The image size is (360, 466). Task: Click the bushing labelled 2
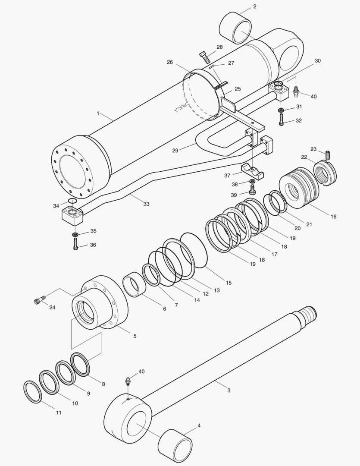pos(235,28)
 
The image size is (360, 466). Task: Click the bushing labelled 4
pos(175,444)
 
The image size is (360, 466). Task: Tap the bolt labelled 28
pos(205,56)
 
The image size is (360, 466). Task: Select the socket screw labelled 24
pos(39,300)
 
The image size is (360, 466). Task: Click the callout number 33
pos(146,204)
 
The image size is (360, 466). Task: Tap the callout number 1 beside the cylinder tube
pos(98,113)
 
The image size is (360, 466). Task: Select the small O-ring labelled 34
pos(72,201)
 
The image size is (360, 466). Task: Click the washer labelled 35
pos(75,234)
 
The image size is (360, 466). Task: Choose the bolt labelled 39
pos(253,190)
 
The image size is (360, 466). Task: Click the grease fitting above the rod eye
pos(128,381)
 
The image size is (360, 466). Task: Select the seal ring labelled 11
pos(32,392)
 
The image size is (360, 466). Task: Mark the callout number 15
pos(229,283)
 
